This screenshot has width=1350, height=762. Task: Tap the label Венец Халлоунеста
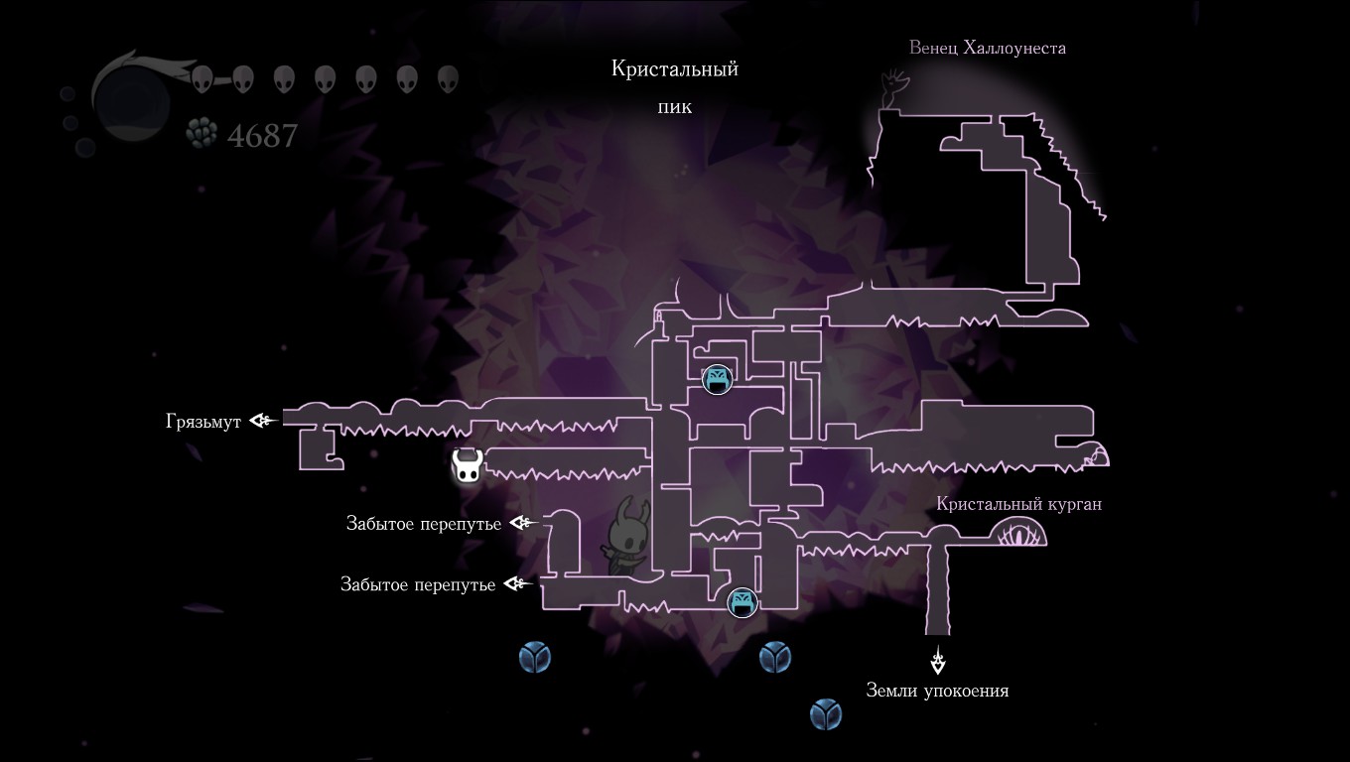click(x=987, y=48)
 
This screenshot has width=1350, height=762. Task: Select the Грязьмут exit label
click(x=203, y=422)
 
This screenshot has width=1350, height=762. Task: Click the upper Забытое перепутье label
click(x=424, y=524)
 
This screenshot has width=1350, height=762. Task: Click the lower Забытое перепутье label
click(x=418, y=585)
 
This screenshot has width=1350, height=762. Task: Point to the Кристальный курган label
click(x=1018, y=504)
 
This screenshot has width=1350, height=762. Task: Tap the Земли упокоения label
click(x=937, y=691)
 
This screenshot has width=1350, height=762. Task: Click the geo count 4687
click(x=262, y=135)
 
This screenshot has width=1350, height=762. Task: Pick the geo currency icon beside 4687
click(x=202, y=133)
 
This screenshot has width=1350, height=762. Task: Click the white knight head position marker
click(x=468, y=466)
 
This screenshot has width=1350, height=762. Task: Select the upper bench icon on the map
click(x=717, y=379)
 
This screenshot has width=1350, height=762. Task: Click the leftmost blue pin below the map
click(x=535, y=656)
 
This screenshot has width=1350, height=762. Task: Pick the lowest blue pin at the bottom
click(x=825, y=713)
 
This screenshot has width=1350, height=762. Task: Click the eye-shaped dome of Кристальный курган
click(x=1017, y=535)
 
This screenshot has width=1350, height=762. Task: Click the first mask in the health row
click(x=202, y=79)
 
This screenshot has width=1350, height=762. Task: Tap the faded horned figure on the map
click(x=627, y=536)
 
